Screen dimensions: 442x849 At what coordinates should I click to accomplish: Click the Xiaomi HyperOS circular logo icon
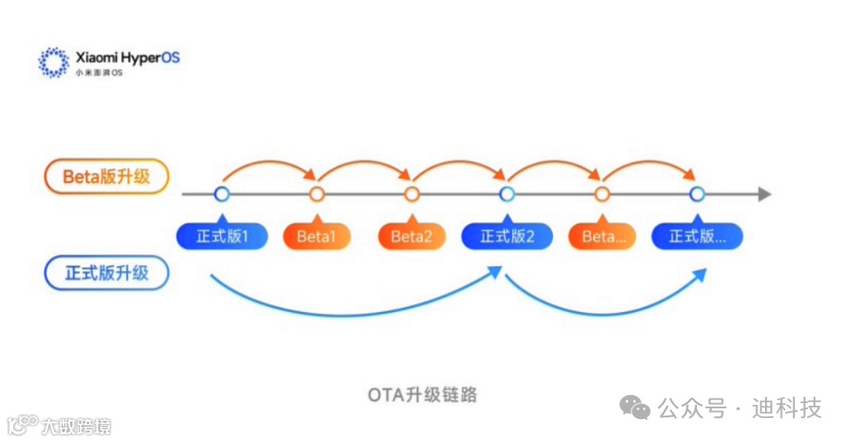54,61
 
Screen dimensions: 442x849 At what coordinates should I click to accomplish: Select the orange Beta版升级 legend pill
106,176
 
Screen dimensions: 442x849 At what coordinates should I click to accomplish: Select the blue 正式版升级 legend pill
106,273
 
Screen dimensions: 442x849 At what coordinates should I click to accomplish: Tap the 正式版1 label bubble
221,236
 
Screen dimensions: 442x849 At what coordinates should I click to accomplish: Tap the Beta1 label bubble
317,236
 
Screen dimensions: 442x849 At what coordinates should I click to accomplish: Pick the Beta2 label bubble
411,236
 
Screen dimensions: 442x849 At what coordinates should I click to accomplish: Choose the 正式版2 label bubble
507,236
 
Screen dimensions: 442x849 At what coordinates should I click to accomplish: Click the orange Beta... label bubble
602,236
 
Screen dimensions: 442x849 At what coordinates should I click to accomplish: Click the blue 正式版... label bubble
697,236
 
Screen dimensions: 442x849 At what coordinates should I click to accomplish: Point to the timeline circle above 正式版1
221,194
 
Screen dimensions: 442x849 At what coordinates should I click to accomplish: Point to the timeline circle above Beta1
317,194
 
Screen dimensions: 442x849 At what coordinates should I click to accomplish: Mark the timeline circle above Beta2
411,194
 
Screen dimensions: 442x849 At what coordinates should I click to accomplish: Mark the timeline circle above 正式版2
507,194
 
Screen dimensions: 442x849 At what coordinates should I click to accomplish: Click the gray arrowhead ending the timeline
764,194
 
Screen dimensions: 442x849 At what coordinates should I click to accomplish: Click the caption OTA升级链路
423,394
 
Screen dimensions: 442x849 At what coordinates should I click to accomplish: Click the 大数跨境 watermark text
76,427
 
